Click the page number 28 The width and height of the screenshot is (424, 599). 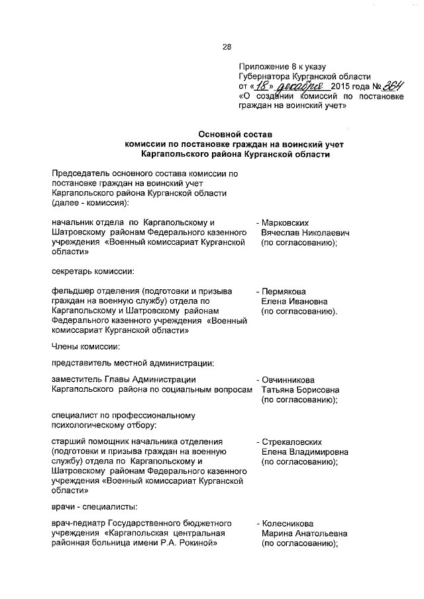226,47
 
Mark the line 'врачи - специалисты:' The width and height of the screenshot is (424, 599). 95,506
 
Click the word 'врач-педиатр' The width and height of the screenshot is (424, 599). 79,523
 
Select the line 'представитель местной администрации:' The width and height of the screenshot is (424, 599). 132,362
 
